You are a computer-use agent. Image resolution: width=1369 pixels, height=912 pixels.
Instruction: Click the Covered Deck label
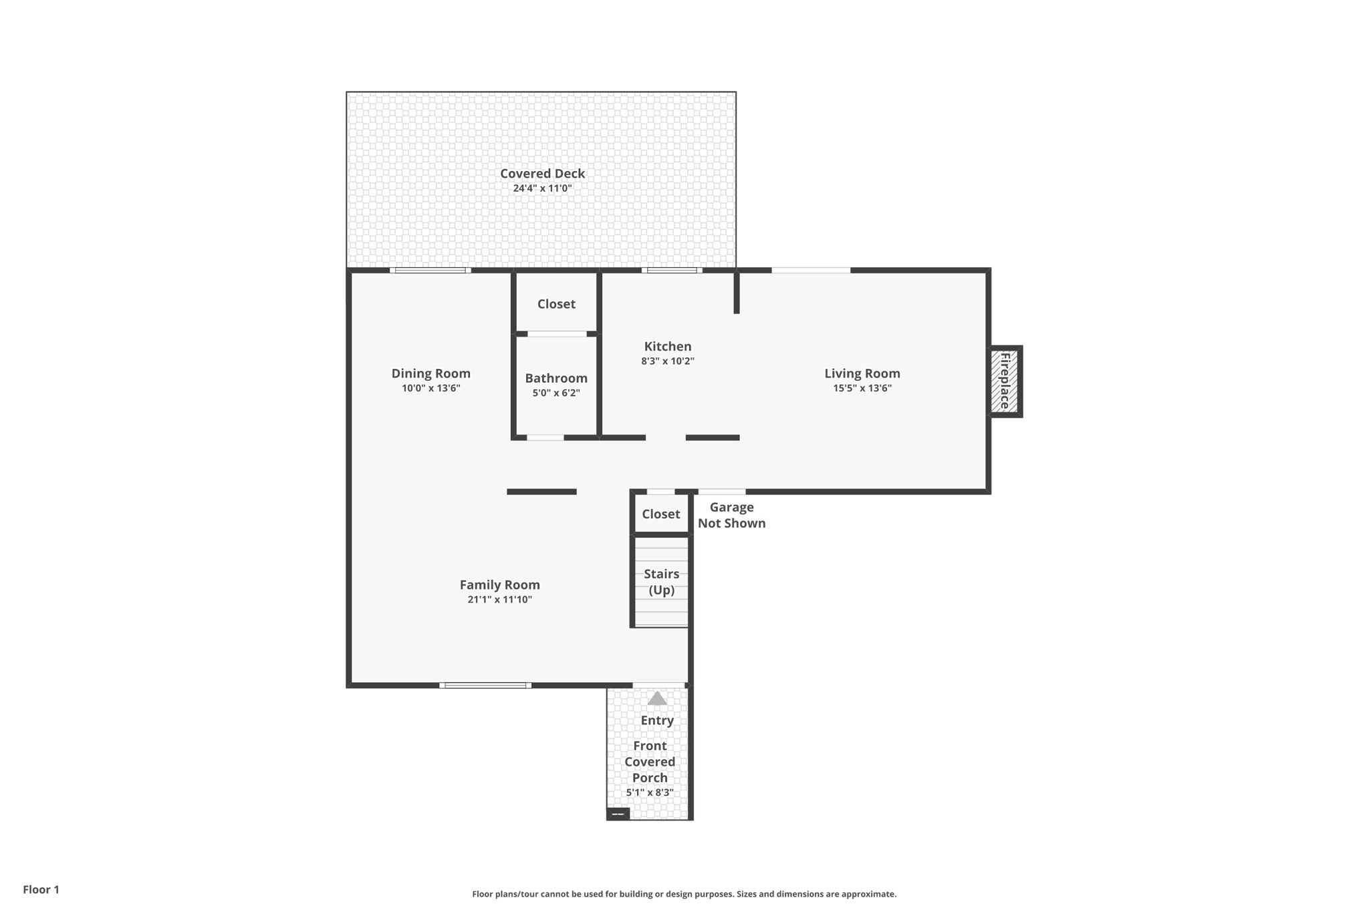tap(542, 174)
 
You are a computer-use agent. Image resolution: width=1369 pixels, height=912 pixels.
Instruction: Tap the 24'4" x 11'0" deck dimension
tap(542, 188)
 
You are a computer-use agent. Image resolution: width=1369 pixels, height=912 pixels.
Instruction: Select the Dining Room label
tap(430, 373)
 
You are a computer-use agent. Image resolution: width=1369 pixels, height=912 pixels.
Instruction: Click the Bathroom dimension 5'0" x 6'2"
tap(555, 393)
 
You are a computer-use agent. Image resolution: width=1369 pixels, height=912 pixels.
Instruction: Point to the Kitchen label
tap(667, 346)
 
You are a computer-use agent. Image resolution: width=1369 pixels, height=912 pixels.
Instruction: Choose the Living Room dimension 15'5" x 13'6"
tap(862, 388)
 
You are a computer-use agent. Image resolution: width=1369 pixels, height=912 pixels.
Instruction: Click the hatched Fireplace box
tap(1004, 382)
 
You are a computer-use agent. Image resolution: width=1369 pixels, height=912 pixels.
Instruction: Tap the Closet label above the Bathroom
tap(555, 304)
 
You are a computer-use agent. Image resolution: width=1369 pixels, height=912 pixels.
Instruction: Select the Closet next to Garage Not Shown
tap(660, 514)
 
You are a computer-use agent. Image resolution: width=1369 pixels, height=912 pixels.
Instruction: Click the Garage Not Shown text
tap(731, 515)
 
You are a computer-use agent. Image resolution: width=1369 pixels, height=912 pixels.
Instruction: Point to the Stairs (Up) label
tap(661, 581)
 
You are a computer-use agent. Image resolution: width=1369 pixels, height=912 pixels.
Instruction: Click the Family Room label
tap(499, 585)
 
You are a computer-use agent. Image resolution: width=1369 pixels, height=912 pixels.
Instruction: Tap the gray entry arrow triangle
tap(657, 699)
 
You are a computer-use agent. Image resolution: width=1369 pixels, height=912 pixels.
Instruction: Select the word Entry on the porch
tap(656, 720)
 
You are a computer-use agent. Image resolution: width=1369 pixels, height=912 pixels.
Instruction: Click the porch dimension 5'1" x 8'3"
tap(649, 792)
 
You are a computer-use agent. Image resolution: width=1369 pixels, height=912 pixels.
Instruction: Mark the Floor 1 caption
tap(41, 889)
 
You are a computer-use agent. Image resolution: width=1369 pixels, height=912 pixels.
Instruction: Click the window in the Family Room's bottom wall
tap(485, 685)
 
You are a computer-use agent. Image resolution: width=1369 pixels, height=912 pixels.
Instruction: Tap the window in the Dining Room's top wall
tap(430, 271)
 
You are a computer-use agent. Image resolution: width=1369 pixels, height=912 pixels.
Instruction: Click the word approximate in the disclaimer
tap(868, 894)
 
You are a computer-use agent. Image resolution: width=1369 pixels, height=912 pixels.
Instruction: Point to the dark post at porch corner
tap(618, 814)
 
